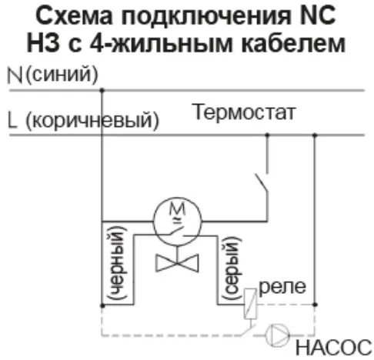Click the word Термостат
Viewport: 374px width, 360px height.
point(245,112)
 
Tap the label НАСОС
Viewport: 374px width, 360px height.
point(333,348)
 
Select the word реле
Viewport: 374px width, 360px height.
point(282,287)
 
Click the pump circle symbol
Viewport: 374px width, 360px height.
point(277,335)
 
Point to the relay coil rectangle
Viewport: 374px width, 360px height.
point(250,304)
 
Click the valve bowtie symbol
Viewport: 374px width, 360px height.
point(177,263)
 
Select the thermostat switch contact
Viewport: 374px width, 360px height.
point(262,182)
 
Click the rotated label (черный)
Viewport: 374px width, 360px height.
point(118,263)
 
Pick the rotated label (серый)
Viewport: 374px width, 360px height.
point(232,268)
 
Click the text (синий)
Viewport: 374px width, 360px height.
point(62,75)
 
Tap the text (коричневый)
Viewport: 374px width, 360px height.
point(92,120)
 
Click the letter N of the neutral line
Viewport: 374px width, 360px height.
point(15,75)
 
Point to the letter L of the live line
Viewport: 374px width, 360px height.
point(12,120)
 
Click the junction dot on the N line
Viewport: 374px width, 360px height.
point(102,90)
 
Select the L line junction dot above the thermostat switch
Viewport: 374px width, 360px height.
point(267,135)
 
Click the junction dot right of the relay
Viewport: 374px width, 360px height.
point(315,305)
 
